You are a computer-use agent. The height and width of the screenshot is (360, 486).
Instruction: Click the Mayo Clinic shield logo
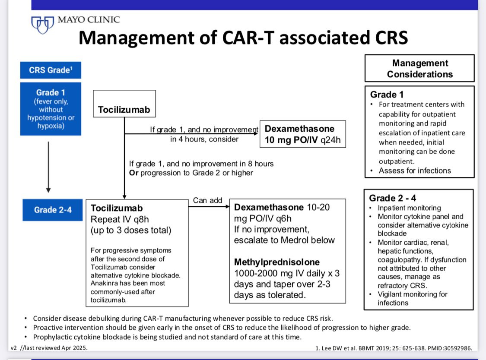click(x=42, y=25)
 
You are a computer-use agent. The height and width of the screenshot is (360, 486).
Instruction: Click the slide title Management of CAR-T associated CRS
click(x=243, y=38)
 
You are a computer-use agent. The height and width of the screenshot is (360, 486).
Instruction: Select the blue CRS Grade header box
click(x=51, y=70)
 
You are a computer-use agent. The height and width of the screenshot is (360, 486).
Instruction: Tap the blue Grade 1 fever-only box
click(x=51, y=109)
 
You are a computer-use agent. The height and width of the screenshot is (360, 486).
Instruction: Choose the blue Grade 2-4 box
click(x=53, y=210)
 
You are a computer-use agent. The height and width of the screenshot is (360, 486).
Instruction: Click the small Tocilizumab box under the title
click(x=124, y=104)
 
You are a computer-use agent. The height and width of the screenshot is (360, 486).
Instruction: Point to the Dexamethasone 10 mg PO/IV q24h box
click(x=302, y=134)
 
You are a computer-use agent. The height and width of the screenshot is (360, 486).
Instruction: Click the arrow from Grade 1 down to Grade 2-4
click(x=48, y=167)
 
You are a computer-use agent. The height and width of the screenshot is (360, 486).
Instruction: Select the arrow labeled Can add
click(x=209, y=206)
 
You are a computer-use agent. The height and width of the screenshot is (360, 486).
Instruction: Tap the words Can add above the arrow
click(x=207, y=200)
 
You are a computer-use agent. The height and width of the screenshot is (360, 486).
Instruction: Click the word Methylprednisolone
click(x=277, y=262)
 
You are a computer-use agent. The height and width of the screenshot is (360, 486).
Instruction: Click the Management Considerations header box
click(x=419, y=69)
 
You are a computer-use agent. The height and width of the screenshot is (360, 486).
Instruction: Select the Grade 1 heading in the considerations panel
click(x=387, y=95)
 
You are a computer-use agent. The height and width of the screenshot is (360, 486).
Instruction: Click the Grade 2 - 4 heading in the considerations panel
click(x=392, y=198)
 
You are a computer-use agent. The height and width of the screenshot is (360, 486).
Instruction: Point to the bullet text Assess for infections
click(x=415, y=171)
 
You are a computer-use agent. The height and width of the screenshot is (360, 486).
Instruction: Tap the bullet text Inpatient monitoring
click(x=409, y=208)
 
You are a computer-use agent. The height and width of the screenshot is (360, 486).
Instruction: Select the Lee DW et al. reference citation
click(x=394, y=348)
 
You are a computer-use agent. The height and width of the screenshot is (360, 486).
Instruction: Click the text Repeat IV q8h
click(x=120, y=219)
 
